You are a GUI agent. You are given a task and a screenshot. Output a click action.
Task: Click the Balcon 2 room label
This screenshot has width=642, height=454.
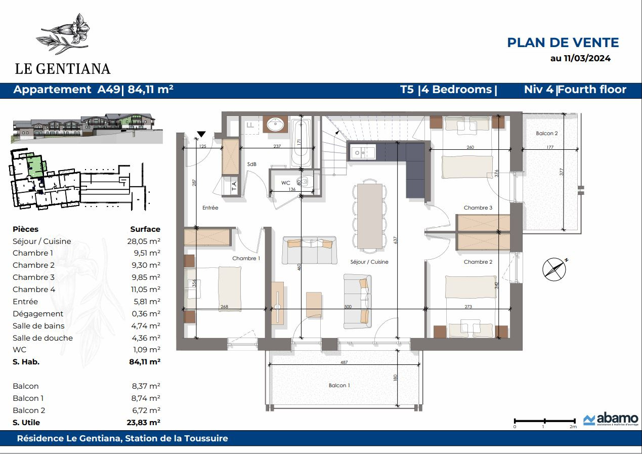click(x=546, y=133)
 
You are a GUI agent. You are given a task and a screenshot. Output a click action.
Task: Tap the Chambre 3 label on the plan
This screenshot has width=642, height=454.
click(x=478, y=208)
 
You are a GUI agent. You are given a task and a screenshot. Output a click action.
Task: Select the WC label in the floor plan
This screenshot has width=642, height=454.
click(x=285, y=183)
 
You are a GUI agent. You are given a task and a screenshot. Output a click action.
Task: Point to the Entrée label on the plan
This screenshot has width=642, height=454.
click(x=210, y=208)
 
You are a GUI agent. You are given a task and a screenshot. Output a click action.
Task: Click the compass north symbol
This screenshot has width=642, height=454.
click(x=554, y=269)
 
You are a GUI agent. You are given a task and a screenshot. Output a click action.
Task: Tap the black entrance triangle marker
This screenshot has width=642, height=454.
click(x=201, y=134)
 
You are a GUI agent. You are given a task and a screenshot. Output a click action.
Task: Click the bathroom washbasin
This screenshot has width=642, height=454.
click(x=275, y=125)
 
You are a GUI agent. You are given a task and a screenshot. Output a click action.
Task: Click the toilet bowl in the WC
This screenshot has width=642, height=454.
click(x=305, y=182)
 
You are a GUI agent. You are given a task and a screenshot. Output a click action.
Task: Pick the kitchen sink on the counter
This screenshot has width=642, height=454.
click(x=363, y=152)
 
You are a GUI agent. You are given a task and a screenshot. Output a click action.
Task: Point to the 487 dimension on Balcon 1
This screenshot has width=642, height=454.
click(x=344, y=362)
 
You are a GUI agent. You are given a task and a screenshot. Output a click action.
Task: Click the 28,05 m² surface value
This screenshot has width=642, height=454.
click(x=144, y=241)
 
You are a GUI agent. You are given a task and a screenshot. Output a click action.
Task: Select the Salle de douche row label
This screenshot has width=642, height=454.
click(x=42, y=338)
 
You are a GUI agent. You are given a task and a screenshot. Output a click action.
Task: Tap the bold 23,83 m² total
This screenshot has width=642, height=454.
click(x=144, y=423)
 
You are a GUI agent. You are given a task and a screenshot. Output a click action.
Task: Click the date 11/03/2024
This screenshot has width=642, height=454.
click(x=587, y=58)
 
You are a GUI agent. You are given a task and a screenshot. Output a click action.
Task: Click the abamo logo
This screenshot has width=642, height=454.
click(x=611, y=419)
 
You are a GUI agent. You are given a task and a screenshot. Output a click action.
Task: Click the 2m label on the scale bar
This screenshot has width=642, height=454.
click(x=573, y=427)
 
